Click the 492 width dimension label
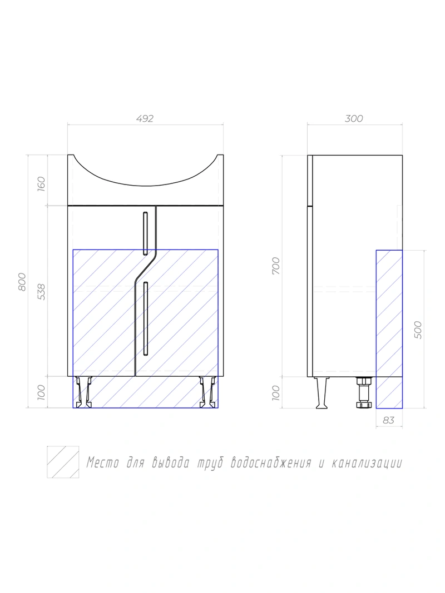[x=145, y=118]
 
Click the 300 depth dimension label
[x=354, y=118]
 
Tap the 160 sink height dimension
[x=41, y=184]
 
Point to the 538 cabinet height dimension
[x=41, y=292]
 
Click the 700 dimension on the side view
[x=276, y=266]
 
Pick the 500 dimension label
[x=418, y=330]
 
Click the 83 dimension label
[x=389, y=420]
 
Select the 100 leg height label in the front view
[x=41, y=392]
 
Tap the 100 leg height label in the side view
[x=276, y=393]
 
